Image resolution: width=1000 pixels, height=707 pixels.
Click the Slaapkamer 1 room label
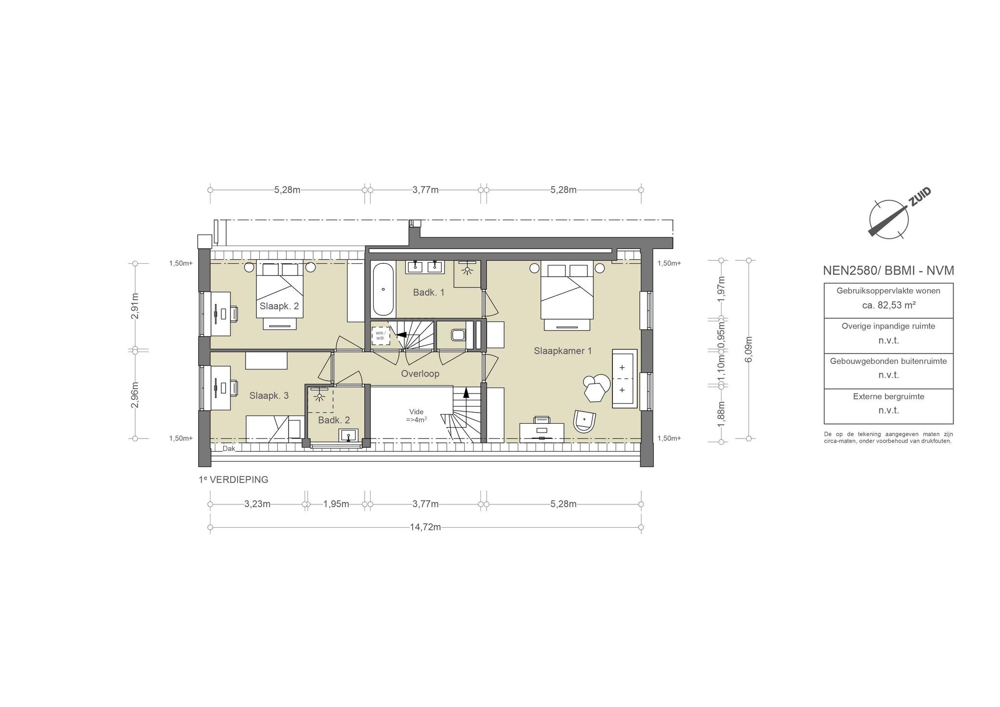pos(562,351)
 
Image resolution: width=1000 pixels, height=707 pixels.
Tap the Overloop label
pos(420,374)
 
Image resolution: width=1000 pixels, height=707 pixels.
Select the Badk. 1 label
pos(429,292)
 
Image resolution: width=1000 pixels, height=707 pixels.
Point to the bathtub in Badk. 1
pos(383,290)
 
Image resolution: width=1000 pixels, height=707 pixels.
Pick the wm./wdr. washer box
pos(381,335)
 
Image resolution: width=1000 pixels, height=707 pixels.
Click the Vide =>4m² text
pos(417,415)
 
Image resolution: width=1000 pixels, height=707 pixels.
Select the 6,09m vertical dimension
pos(749,350)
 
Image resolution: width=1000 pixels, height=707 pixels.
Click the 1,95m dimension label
pos(336,504)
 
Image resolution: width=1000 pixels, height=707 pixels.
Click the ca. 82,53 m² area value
pos(888,305)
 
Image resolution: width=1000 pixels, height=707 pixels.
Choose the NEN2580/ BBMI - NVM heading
pos(888,270)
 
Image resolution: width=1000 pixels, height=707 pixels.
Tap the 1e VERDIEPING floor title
pos(233,479)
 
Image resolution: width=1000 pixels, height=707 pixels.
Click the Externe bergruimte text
pos(888,396)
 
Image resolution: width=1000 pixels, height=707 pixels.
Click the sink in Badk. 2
pos(348,436)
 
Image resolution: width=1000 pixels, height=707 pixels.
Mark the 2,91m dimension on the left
pos(135,306)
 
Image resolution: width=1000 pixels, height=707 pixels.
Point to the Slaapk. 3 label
pos(269,395)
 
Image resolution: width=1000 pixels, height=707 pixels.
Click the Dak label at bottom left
pos(229,448)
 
